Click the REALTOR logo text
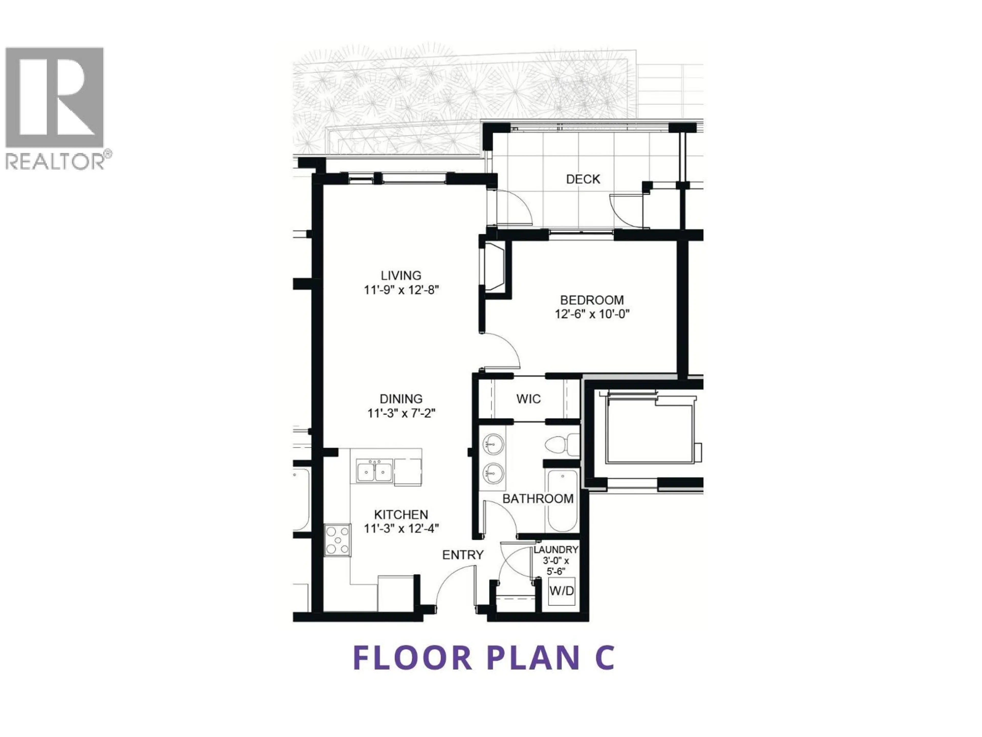(x=55, y=161)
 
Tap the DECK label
(x=583, y=179)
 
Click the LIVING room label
(x=401, y=275)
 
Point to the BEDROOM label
(x=592, y=300)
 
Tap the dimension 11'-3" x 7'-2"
(x=401, y=414)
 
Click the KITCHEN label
(x=401, y=515)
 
